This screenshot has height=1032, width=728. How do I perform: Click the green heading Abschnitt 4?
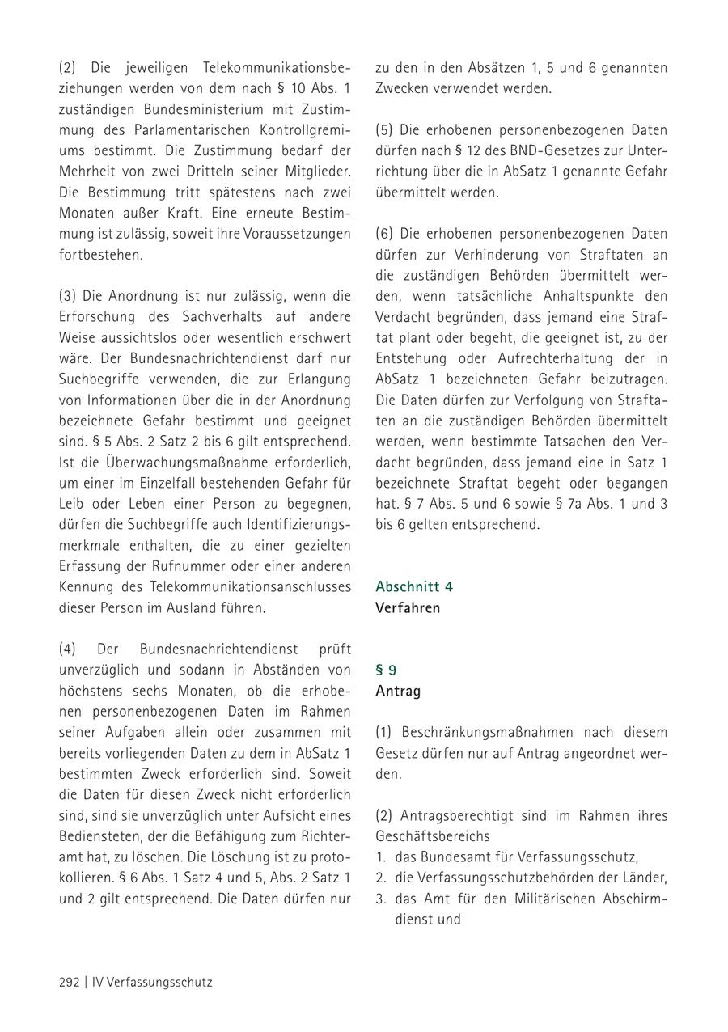pyautogui.click(x=413, y=586)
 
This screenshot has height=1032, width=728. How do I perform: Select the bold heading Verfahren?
pyautogui.click(x=408, y=607)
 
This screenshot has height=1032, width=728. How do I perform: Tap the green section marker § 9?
pyautogui.click(x=386, y=670)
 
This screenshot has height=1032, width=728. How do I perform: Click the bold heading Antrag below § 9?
pyautogui.click(x=398, y=692)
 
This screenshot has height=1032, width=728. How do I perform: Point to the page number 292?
pyautogui.click(x=69, y=982)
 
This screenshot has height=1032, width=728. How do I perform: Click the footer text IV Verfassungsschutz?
pyautogui.click(x=153, y=982)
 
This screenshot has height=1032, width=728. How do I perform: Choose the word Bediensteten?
pyautogui.click(x=99, y=835)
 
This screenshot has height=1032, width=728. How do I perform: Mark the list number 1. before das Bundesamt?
pyautogui.click(x=380, y=856)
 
